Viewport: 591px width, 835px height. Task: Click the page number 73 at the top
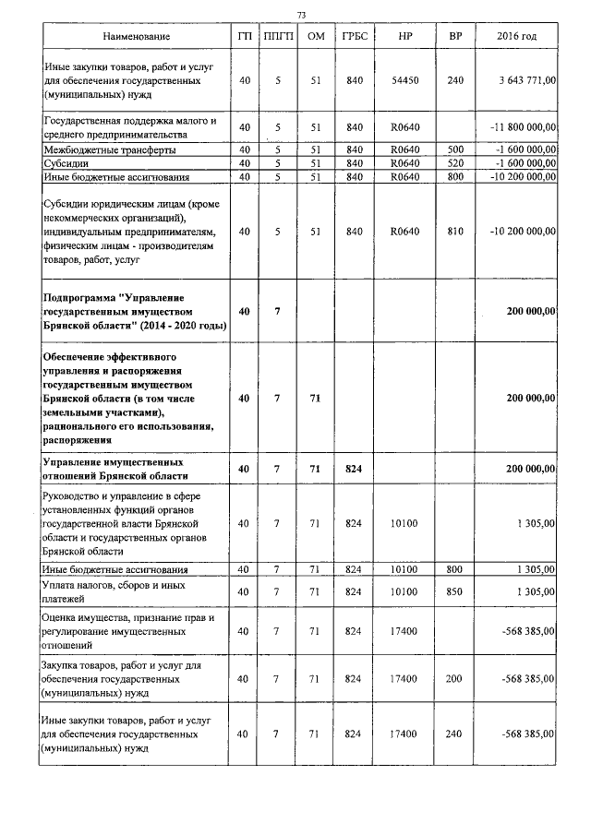tap(301, 14)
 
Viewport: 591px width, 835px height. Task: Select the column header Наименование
tap(137, 36)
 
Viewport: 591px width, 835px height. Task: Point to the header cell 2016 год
tap(516, 36)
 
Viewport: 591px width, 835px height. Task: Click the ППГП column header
tap(276, 36)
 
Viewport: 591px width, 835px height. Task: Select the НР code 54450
tap(404, 80)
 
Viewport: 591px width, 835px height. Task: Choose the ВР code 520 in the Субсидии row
tap(454, 162)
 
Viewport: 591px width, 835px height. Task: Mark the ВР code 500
tap(454, 149)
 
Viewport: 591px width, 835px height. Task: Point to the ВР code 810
tap(454, 232)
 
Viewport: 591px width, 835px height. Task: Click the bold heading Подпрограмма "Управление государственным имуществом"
tap(135, 312)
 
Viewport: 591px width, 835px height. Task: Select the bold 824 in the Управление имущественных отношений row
tap(352, 469)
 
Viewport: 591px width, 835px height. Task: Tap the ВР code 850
tap(454, 590)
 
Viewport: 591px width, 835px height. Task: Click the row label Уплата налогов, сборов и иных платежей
tap(115, 590)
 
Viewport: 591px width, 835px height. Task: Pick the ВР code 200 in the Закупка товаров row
tap(454, 678)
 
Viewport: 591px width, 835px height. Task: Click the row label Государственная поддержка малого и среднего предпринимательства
tap(129, 127)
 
